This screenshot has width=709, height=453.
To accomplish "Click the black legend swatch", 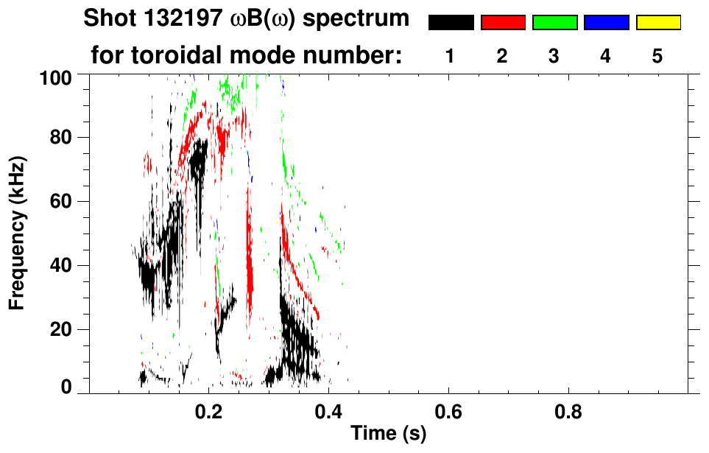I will [451, 23].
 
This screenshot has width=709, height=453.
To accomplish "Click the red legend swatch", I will [503, 23].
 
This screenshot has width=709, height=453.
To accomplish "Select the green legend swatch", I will [554, 23].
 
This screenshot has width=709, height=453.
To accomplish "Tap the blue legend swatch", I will [606, 23].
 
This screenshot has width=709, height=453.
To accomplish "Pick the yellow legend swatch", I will [657, 23].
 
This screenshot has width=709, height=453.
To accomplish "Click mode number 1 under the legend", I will [450, 56].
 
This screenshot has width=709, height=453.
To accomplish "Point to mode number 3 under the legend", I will [554, 56].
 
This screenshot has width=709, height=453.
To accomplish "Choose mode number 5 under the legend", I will [657, 56].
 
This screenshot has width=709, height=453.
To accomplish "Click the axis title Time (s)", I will [387, 434].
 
